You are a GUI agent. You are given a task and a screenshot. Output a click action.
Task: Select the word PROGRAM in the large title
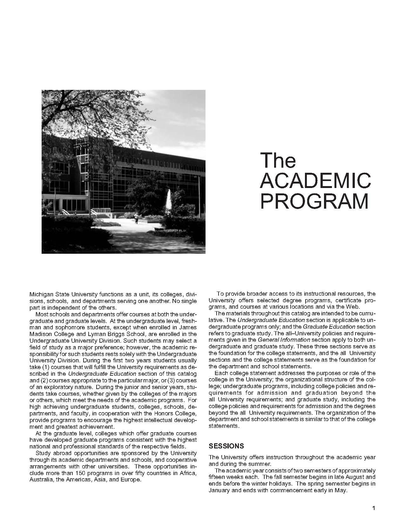click(x=314, y=201)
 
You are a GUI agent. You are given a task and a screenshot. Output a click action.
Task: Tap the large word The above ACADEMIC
click(x=278, y=160)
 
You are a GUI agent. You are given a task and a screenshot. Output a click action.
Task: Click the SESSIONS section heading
click(x=226, y=446)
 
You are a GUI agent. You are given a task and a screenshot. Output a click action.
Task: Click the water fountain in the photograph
click(x=169, y=200)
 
